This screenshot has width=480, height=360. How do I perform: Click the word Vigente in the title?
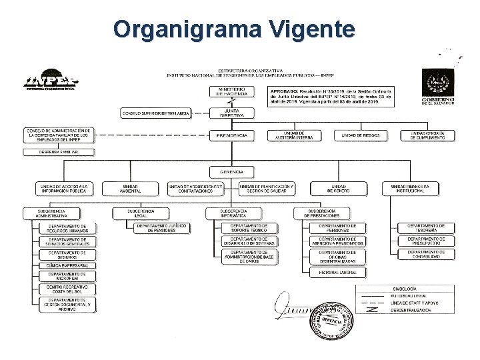pyautogui.click(x=313, y=29)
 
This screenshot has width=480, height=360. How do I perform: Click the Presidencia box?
pyautogui.click(x=231, y=135)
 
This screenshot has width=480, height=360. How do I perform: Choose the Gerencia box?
pyautogui.click(x=231, y=172)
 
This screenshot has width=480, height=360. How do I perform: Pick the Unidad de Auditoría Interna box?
pyautogui.click(x=294, y=135)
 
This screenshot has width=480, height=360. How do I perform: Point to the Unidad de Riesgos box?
pyautogui.click(x=361, y=135)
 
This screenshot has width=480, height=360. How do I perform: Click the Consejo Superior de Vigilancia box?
pyautogui.click(x=155, y=113)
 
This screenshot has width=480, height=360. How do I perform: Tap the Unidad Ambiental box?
pyautogui.click(x=131, y=189)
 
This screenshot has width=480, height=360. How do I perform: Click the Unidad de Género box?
pyautogui.click(x=338, y=189)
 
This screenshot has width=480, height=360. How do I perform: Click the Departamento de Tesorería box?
pyautogui.click(x=426, y=228)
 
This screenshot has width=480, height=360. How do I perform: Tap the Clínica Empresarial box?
pyautogui.click(x=67, y=265)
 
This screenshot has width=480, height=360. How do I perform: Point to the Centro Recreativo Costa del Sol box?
pyautogui.click(x=67, y=289)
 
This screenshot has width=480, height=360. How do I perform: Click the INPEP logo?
pyautogui.click(x=51, y=80)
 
